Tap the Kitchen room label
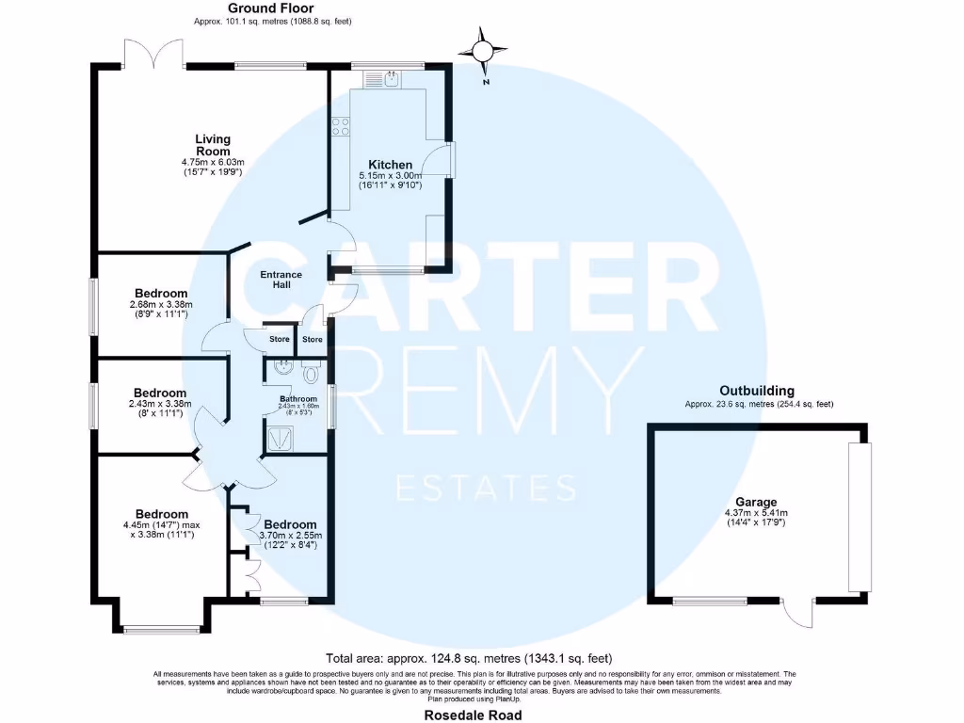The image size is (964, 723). point(391,165)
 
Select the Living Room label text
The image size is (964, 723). point(213,145)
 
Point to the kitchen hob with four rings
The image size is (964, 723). point(340,126)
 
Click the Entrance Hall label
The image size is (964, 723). point(281,280)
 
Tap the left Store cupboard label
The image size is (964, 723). point(280,340)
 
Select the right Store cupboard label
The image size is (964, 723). point(313,340)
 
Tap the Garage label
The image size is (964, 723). point(758,502)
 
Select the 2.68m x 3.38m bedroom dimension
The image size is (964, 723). point(161,304)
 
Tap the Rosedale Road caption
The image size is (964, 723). point(480,715)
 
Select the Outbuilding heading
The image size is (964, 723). point(757,391)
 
